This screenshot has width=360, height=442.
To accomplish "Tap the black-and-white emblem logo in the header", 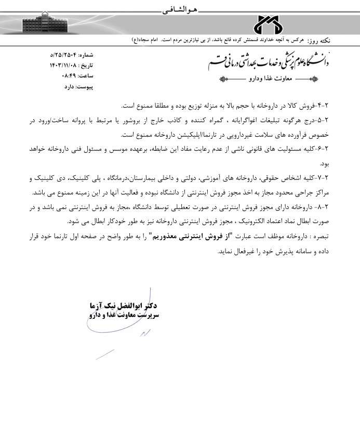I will (x=268, y=24).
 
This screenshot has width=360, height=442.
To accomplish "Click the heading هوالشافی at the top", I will (x=177, y=9).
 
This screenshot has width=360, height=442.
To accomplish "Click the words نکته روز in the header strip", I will (x=322, y=40).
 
